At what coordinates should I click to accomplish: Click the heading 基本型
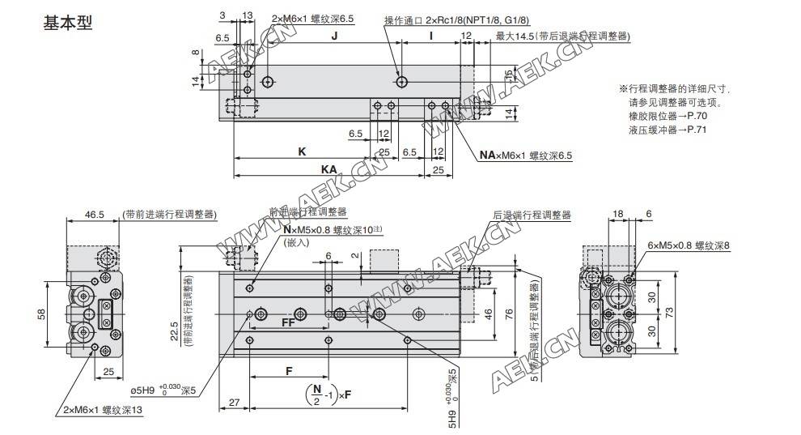click(x=69, y=23)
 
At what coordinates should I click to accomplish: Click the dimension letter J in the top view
click(x=333, y=36)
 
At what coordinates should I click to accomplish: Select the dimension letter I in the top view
click(x=430, y=36)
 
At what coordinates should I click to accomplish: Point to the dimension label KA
click(x=328, y=168)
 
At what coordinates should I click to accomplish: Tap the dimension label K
click(x=301, y=151)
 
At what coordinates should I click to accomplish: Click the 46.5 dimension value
click(x=95, y=215)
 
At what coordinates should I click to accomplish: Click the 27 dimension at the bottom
click(x=234, y=403)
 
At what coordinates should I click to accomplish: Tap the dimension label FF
click(x=288, y=323)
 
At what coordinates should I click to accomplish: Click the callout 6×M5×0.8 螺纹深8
click(x=689, y=245)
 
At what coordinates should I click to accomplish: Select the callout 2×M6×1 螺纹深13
click(x=104, y=411)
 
